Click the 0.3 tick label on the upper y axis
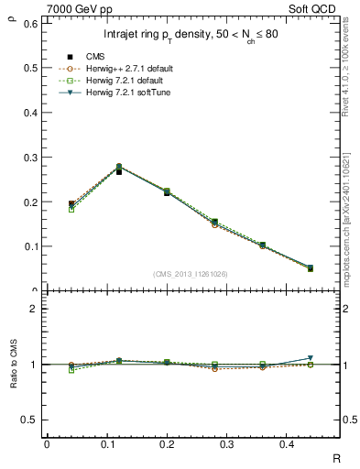pos(29,157)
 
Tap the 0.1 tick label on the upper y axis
pos(29,246)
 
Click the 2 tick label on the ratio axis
pos(34,309)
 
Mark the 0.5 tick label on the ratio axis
pos(29,420)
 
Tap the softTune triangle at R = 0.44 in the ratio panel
pos(310,358)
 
